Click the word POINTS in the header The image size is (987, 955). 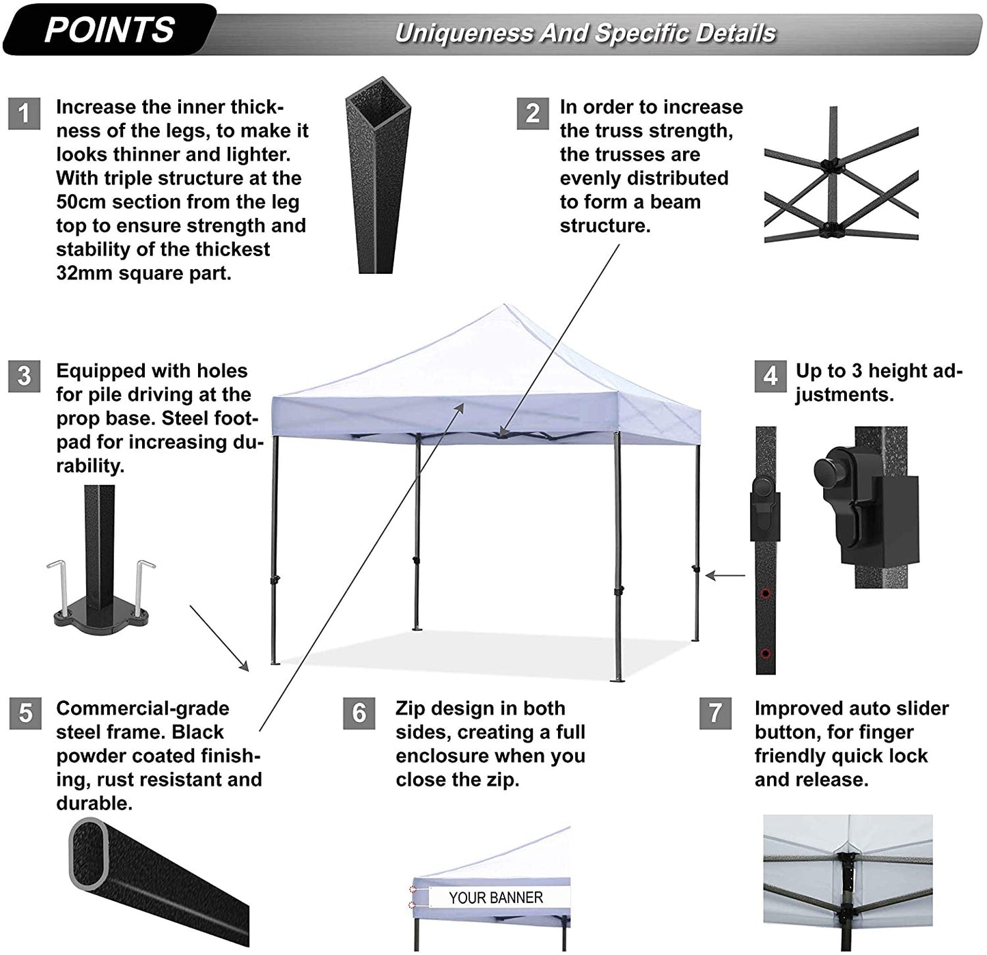click(109, 30)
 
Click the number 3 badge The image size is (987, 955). click(25, 376)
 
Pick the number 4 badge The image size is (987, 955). click(770, 376)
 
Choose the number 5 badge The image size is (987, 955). click(25, 713)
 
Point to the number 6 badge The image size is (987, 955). click(359, 713)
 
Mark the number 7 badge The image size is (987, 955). click(715, 713)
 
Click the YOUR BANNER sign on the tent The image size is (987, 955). click(496, 898)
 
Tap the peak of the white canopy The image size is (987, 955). click(504, 307)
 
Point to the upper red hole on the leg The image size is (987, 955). click(765, 593)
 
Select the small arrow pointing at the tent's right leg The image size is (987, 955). click(725, 576)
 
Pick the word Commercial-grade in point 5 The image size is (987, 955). click(142, 708)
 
